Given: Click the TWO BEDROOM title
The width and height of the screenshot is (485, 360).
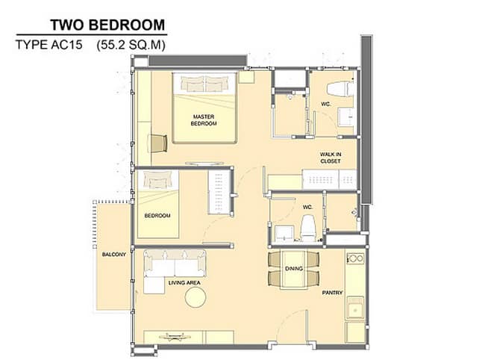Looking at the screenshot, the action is pos(107,25).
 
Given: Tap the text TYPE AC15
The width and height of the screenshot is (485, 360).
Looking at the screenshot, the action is pos(48,45).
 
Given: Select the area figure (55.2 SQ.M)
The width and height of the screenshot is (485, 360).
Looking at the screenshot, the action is pos(131,46).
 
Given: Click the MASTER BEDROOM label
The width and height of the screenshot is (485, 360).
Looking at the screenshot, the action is pos(204,120).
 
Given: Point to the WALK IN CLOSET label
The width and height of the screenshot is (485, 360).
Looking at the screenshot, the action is pos(331,158).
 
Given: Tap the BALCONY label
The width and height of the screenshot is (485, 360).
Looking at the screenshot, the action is pos(114,255).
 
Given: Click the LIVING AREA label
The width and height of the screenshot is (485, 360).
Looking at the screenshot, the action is pos(184,282).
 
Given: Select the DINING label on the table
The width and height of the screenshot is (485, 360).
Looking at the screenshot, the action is pos(294,268).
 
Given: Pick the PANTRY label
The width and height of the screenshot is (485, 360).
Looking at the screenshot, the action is pos(333,293).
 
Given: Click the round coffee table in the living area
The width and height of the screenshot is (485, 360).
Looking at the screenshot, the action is pos(195,297).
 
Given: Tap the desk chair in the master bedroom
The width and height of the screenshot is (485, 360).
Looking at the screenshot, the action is pos(159,143).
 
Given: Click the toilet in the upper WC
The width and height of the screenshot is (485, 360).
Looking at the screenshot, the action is pos(340,89).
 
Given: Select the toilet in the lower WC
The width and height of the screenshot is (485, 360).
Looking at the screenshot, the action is pos(308,229).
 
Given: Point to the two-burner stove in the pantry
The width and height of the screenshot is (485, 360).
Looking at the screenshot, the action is pos(355,258).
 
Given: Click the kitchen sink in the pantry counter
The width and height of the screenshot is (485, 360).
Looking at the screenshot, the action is pos(355,308).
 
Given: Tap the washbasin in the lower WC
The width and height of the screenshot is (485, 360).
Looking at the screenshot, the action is pos(284,233).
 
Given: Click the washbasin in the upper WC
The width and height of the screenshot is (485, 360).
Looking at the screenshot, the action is pos(345,117).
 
